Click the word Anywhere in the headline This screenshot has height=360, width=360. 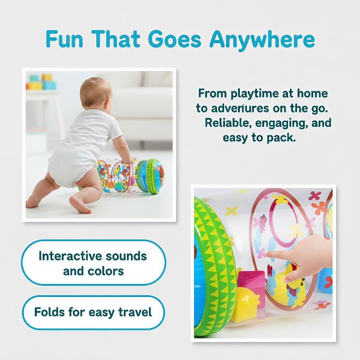[x=262, y=40]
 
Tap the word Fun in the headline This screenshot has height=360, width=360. [x=64, y=39]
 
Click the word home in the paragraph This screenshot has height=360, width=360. [x=312, y=93]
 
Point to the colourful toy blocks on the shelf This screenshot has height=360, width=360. [x=41, y=82]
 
